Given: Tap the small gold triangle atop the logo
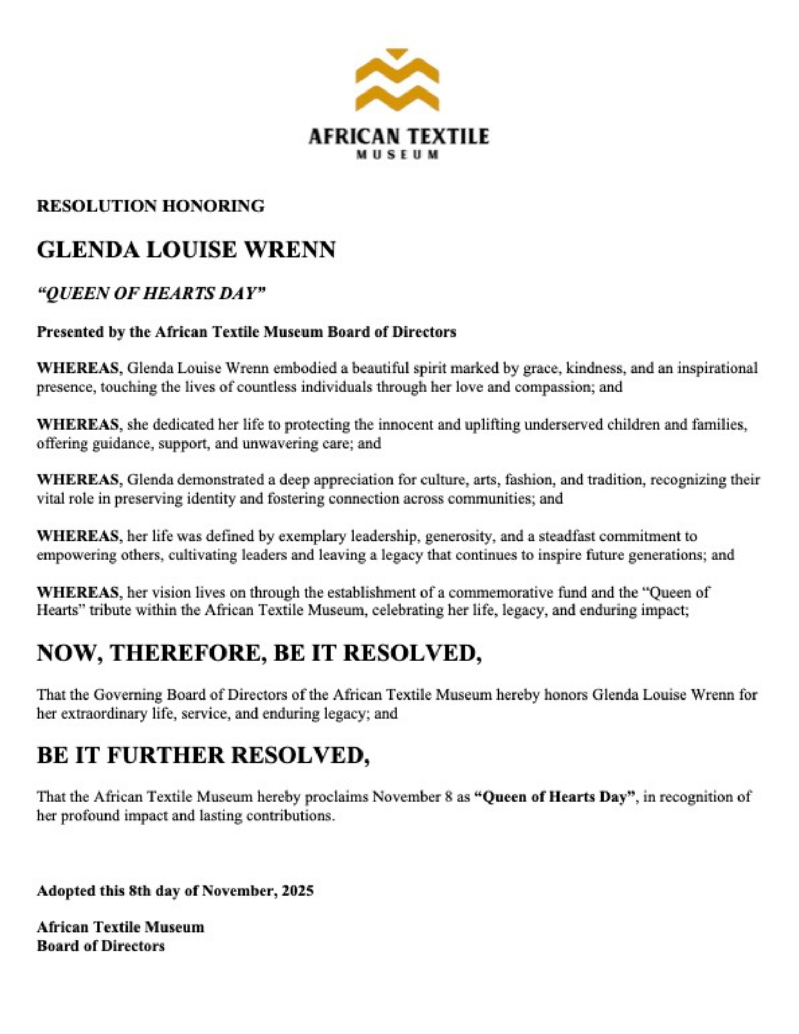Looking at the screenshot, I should (397, 53).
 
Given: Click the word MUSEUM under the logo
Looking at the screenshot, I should (398, 155).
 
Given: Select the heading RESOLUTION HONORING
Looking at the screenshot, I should (150, 206).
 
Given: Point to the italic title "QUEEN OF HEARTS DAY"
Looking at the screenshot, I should (151, 294).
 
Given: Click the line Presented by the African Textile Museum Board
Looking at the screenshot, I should (246, 331).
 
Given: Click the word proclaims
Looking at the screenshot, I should (336, 797).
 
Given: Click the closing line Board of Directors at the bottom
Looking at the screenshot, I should (101, 946).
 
